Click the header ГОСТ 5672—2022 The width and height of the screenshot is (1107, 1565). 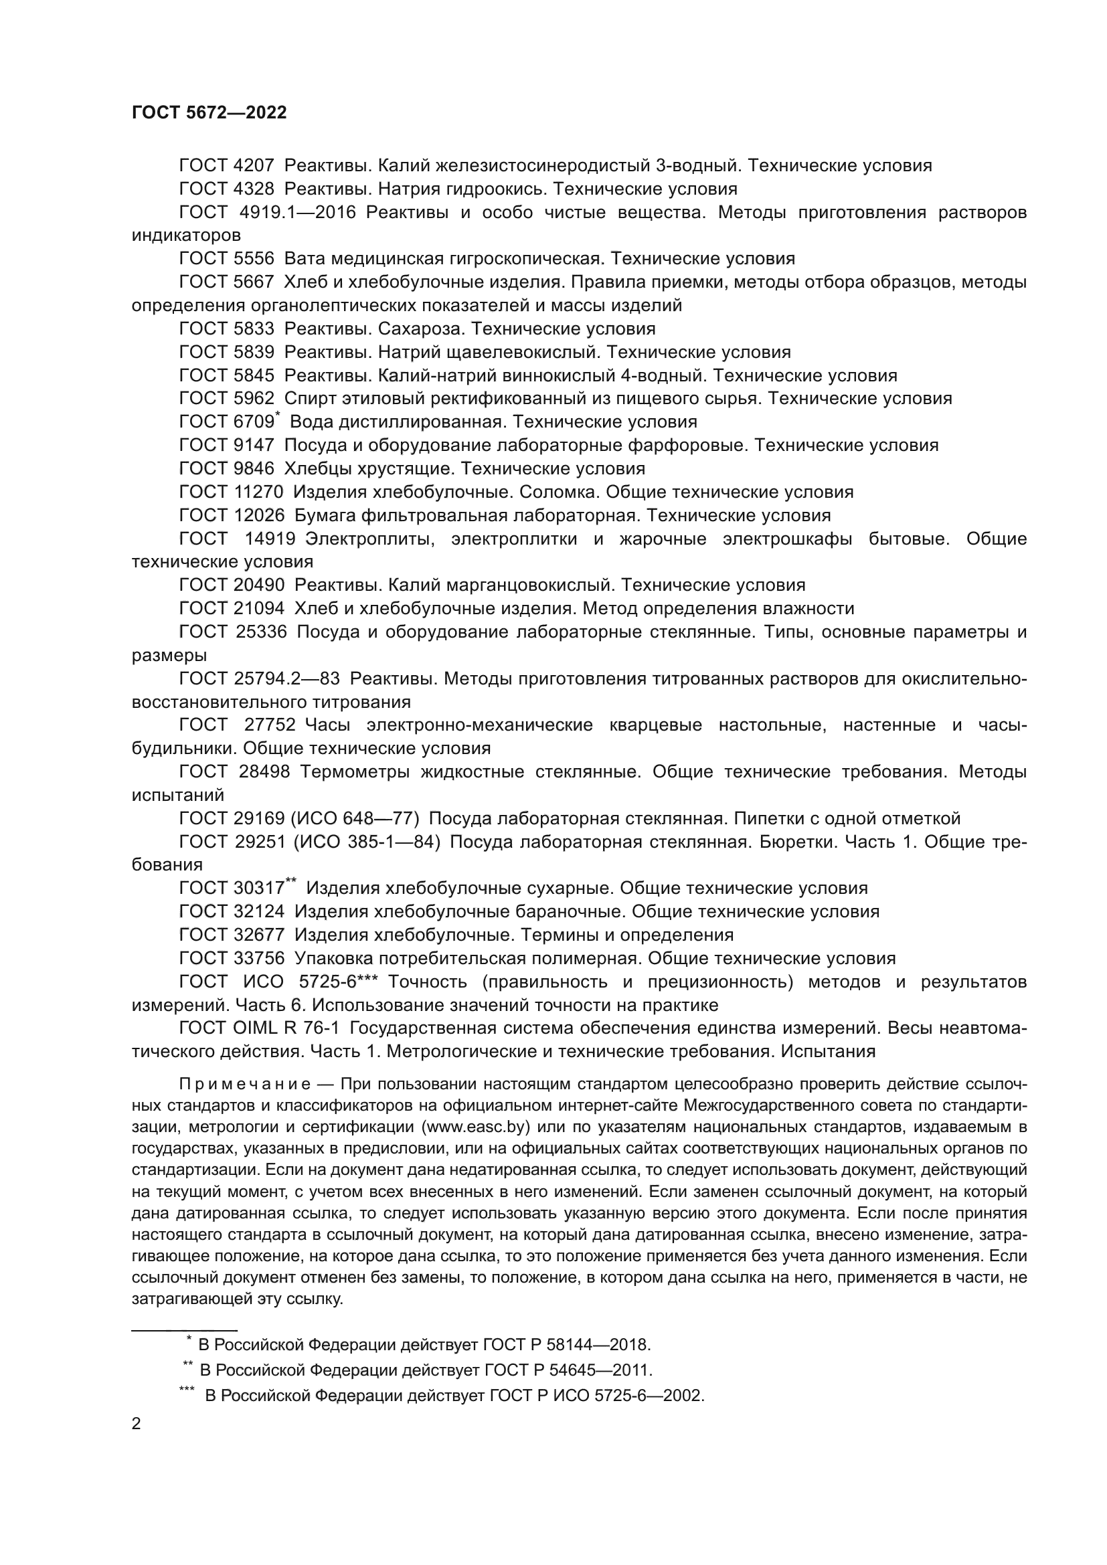click(209, 112)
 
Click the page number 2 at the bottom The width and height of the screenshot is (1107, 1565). click(137, 1424)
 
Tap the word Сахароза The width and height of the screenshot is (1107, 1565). click(419, 329)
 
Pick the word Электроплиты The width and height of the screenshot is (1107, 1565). click(369, 539)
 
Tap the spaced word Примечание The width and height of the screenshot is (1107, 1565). click(245, 1084)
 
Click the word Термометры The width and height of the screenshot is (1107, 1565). click(355, 771)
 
